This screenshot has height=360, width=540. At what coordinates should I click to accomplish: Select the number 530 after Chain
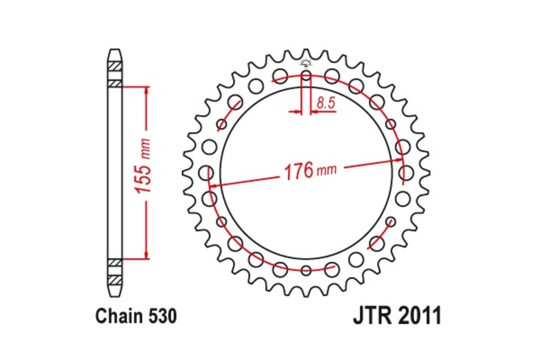(161, 317)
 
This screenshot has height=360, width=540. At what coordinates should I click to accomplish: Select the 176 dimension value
(298, 171)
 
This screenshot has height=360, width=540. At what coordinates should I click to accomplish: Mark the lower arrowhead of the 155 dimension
(146, 256)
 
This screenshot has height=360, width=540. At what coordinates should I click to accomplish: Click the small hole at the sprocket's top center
(306, 75)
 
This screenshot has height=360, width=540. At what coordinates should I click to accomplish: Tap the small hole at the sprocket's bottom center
(306, 270)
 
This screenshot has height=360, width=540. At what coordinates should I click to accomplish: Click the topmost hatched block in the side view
(115, 66)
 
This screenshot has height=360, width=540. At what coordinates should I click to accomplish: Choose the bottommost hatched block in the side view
(115, 280)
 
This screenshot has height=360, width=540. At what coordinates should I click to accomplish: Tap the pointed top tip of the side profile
(115, 50)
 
